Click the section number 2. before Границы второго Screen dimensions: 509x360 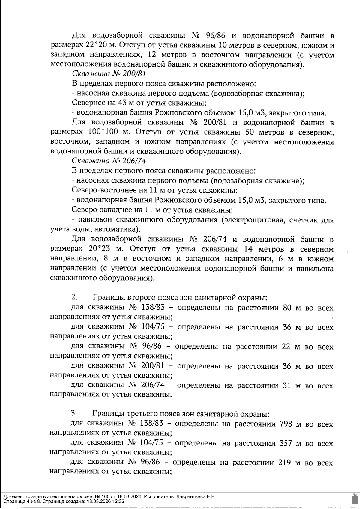click(74, 297)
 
